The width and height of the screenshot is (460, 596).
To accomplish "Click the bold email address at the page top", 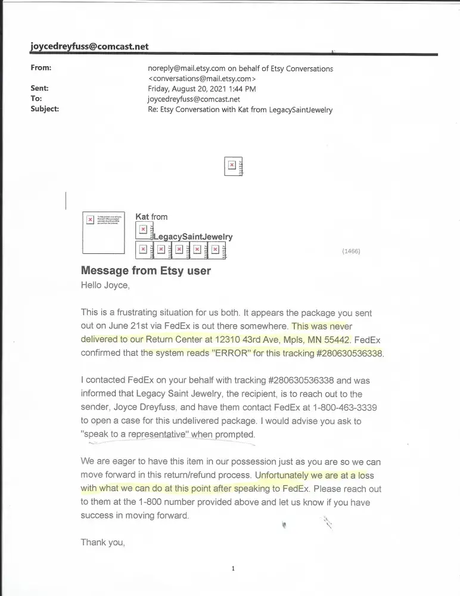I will click(89, 46).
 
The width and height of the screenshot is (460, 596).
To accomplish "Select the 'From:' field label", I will click(41, 68).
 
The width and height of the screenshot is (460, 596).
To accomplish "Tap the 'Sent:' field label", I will click(40, 88).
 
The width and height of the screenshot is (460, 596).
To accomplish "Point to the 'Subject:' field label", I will click(45, 109).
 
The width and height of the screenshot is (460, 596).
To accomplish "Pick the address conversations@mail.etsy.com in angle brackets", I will click(202, 78).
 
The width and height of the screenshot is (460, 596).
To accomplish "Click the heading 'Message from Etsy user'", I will click(145, 271).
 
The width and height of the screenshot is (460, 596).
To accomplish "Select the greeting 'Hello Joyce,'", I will click(105, 285).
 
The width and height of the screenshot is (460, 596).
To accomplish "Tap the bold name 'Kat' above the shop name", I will click(142, 217).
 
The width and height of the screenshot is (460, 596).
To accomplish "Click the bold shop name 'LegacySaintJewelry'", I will click(193, 237).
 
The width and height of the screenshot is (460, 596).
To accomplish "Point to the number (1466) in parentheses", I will click(351, 252).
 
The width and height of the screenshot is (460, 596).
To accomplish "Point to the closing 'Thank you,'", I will click(103, 542).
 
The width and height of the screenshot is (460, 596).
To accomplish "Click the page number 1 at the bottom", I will click(233, 569).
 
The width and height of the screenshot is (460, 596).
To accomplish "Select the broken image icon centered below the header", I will click(232, 166).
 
